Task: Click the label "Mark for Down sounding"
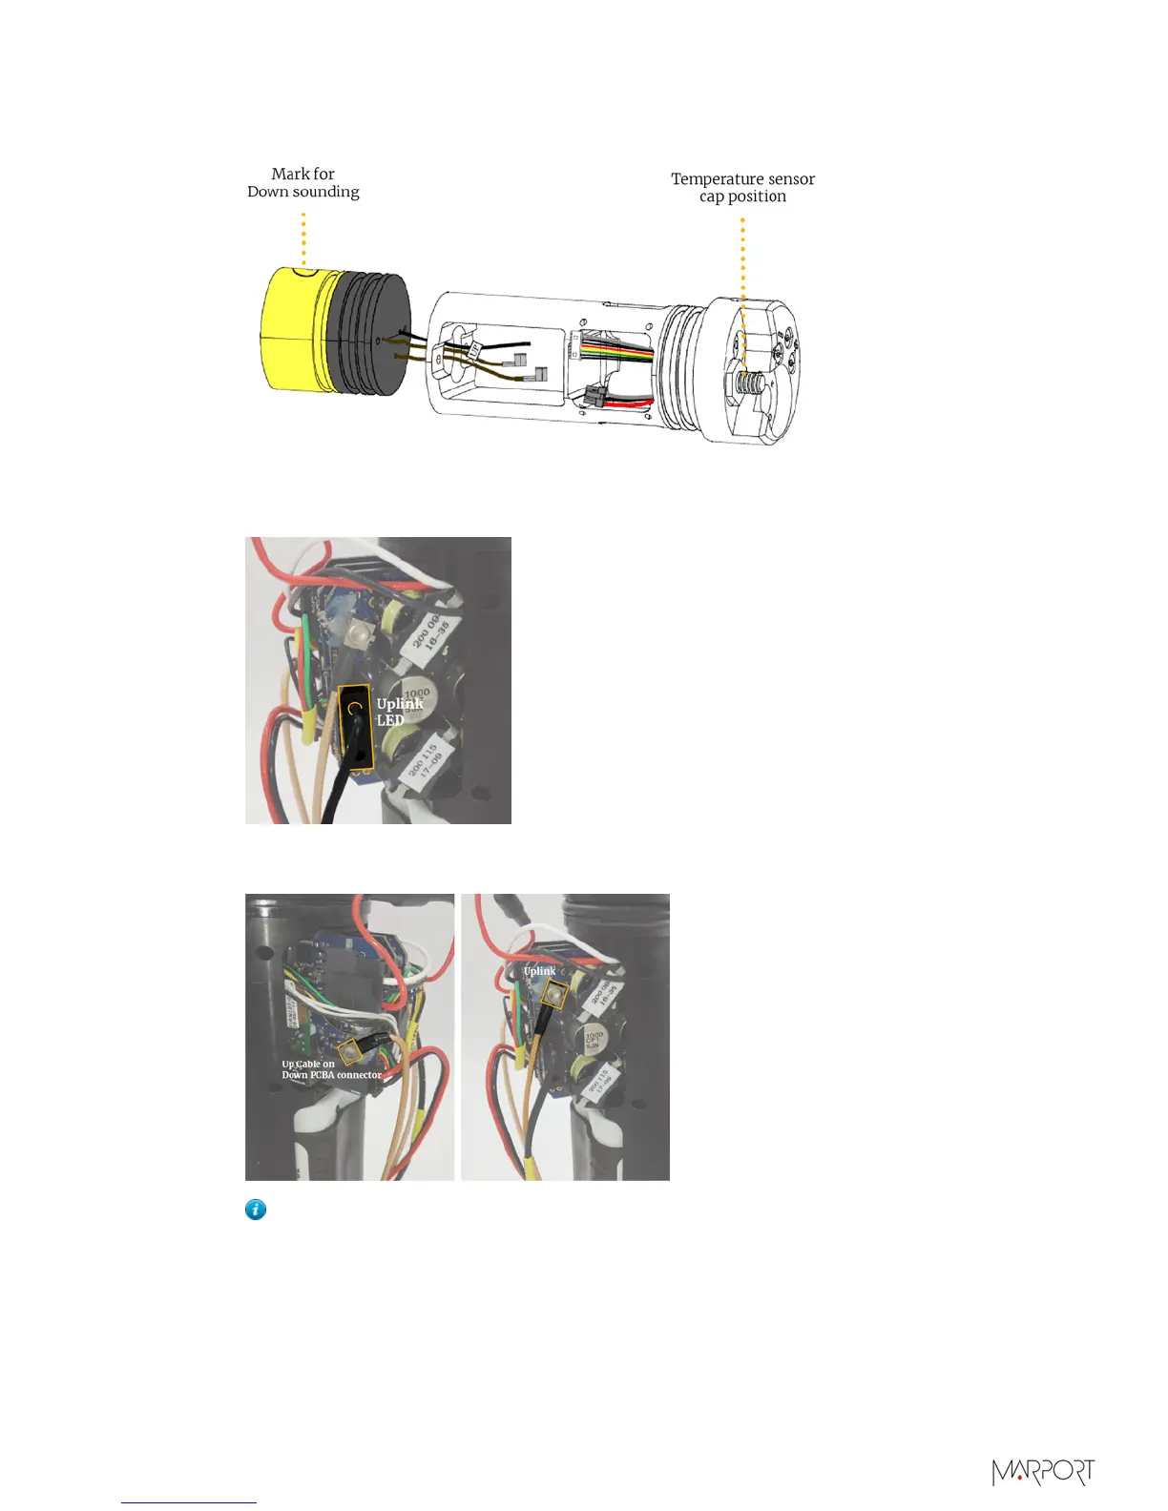point(303,182)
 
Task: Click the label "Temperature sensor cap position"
point(742,187)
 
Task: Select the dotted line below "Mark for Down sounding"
point(303,238)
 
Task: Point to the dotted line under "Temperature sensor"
point(742,286)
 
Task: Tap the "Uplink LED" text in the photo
point(398,712)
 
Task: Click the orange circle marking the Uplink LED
point(355,708)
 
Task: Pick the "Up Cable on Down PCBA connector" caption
point(330,1069)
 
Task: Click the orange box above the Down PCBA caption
point(354,1051)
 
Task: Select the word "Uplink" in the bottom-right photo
point(539,971)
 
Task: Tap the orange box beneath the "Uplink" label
point(554,995)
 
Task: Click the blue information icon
point(256,1210)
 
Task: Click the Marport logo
point(1043,1472)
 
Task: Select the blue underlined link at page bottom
point(189,1502)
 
